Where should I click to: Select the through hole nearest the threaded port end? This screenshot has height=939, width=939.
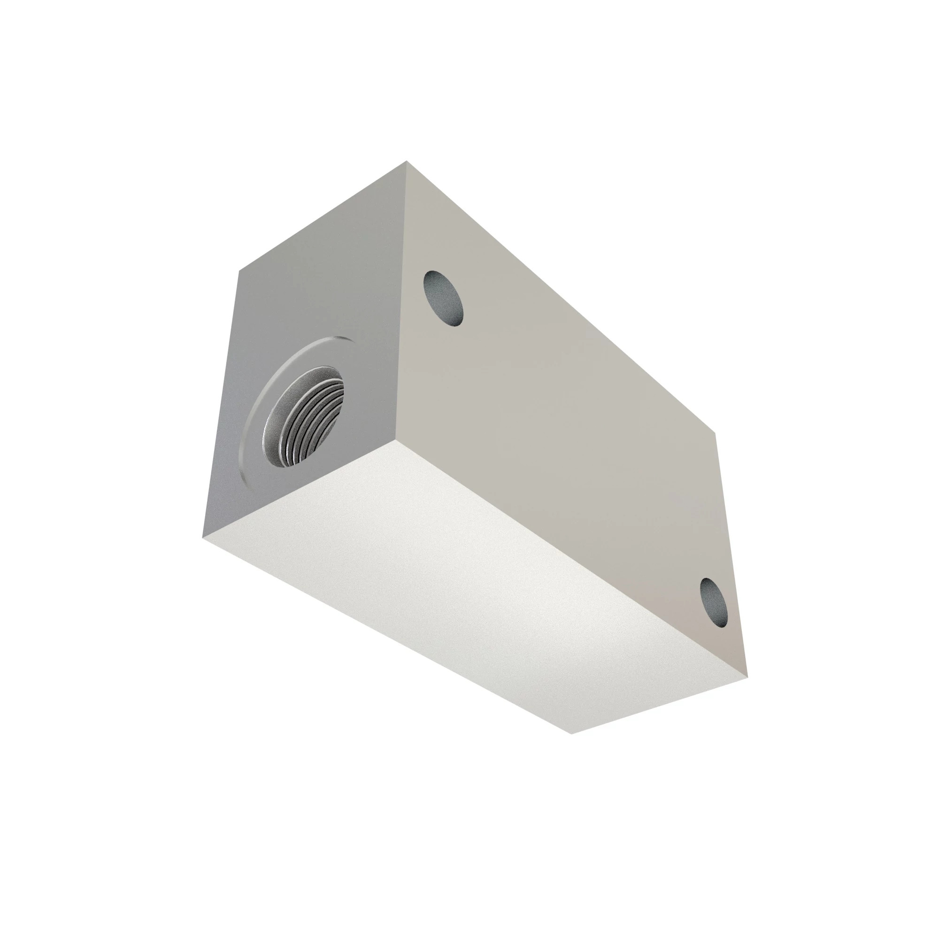coord(443,298)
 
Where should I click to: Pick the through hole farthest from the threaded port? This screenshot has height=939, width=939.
coord(714,602)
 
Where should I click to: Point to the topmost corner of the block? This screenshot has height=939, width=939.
coord(406,162)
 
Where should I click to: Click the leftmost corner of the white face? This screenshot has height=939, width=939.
coord(201,538)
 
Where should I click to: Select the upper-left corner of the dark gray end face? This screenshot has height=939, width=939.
coord(238,270)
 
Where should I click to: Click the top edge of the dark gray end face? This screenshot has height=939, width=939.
coord(322,216)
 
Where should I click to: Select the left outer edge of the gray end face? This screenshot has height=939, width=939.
coord(220,403)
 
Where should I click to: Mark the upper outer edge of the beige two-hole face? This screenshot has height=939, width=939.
coord(562,298)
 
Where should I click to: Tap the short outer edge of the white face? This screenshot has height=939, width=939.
coord(660,705)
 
